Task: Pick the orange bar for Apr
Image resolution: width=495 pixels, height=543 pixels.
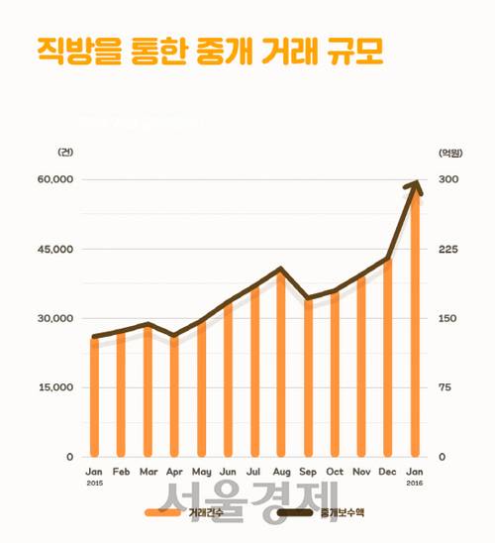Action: point(174,396)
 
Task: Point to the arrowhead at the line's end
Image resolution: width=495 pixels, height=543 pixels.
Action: point(417,184)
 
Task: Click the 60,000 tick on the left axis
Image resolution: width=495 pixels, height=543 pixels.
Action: point(55,179)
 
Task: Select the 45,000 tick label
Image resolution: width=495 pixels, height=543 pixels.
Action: point(55,249)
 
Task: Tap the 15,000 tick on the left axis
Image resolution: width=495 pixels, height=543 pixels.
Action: point(55,387)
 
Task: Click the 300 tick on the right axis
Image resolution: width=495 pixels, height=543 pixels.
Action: point(446,179)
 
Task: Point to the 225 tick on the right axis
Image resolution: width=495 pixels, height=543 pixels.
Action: point(446,249)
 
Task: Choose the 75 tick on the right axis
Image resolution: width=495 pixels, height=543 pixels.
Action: point(445,387)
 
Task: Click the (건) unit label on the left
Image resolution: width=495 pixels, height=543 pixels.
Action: point(65,152)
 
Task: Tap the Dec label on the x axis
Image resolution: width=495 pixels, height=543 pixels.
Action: point(387,471)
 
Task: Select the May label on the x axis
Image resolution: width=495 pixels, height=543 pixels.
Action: point(201,471)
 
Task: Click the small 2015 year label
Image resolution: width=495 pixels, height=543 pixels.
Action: point(94,483)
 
